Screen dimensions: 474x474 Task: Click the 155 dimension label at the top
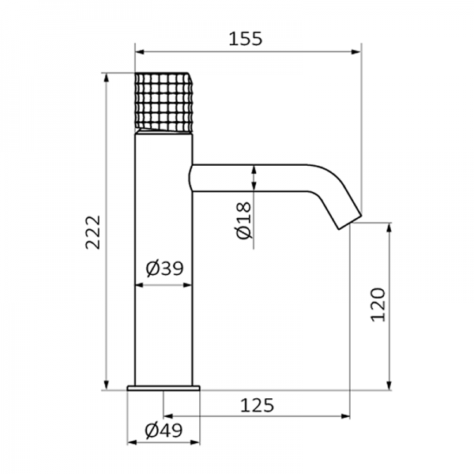click(244, 37)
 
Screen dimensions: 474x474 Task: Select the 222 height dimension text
click(92, 231)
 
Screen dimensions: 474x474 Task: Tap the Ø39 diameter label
click(165, 269)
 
